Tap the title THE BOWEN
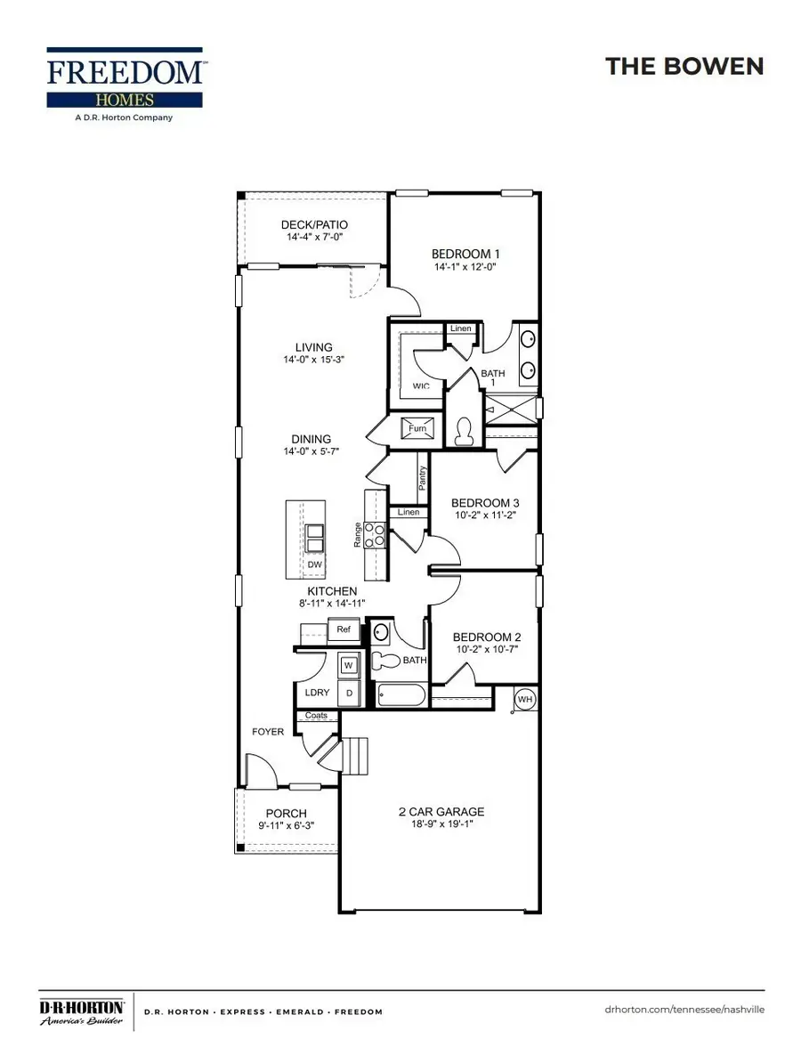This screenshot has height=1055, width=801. (x=684, y=66)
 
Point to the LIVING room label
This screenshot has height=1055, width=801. (x=313, y=347)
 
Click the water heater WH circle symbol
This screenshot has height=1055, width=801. (x=525, y=700)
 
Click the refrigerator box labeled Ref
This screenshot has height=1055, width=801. (x=343, y=630)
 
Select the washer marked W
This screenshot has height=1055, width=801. (x=348, y=665)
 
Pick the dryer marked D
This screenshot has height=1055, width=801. (x=348, y=692)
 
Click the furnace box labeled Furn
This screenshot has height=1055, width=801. (x=417, y=427)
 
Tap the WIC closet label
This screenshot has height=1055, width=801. (x=422, y=386)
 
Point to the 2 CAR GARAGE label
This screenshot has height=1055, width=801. (x=441, y=811)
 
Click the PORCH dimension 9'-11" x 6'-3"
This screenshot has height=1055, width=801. (x=286, y=827)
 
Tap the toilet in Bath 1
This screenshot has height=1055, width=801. (x=463, y=431)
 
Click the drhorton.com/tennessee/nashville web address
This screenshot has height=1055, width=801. (x=683, y=1010)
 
